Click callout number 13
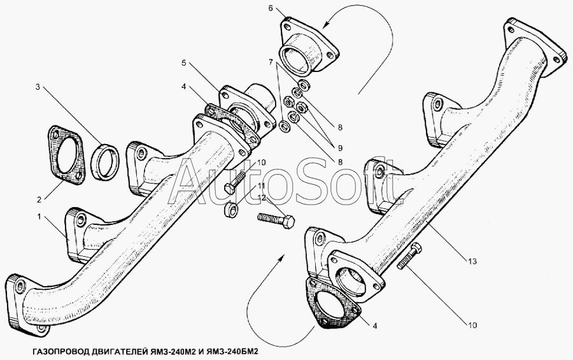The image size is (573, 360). (x=472, y=261)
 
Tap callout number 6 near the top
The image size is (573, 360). (x=271, y=8)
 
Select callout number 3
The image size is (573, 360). (x=38, y=87)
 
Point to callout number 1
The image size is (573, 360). (x=39, y=217)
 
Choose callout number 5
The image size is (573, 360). (x=183, y=63)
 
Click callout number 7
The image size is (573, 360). (x=271, y=62)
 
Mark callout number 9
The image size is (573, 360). (x=340, y=148)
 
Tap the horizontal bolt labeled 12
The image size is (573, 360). (x=276, y=221)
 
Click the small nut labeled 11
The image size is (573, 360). (x=231, y=209)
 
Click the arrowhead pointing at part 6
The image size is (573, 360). (x=325, y=24)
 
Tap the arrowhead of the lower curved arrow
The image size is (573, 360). (x=281, y=259)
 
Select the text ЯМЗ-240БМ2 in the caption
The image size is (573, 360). (x=231, y=352)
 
